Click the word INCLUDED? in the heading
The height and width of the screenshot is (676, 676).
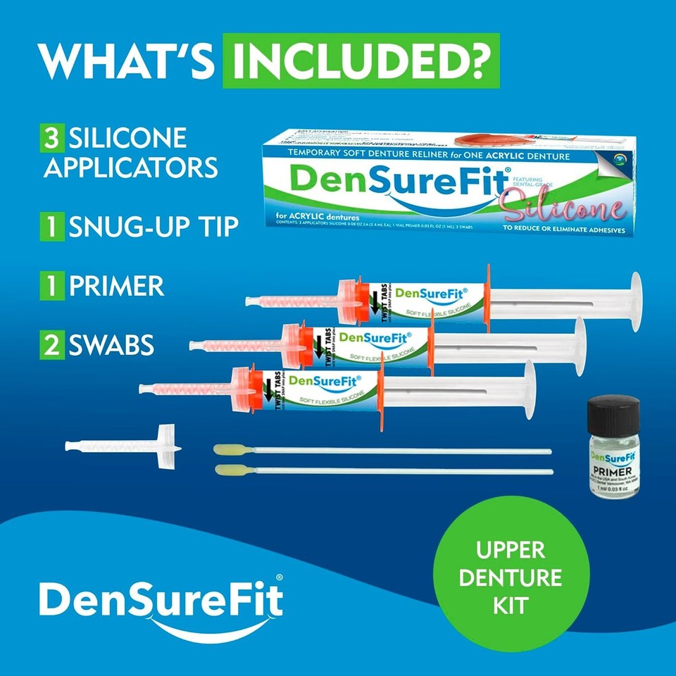point(361,62)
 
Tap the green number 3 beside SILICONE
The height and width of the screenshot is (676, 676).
point(51,137)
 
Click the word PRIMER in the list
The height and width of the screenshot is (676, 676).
point(116,286)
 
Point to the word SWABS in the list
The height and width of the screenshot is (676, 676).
point(111,344)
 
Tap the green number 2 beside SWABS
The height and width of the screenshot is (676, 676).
point(51,344)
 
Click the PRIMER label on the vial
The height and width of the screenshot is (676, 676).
point(613,470)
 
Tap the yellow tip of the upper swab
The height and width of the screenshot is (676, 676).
point(228,449)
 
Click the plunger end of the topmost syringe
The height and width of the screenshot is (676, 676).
point(635,301)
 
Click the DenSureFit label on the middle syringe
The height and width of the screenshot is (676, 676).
point(361,337)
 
